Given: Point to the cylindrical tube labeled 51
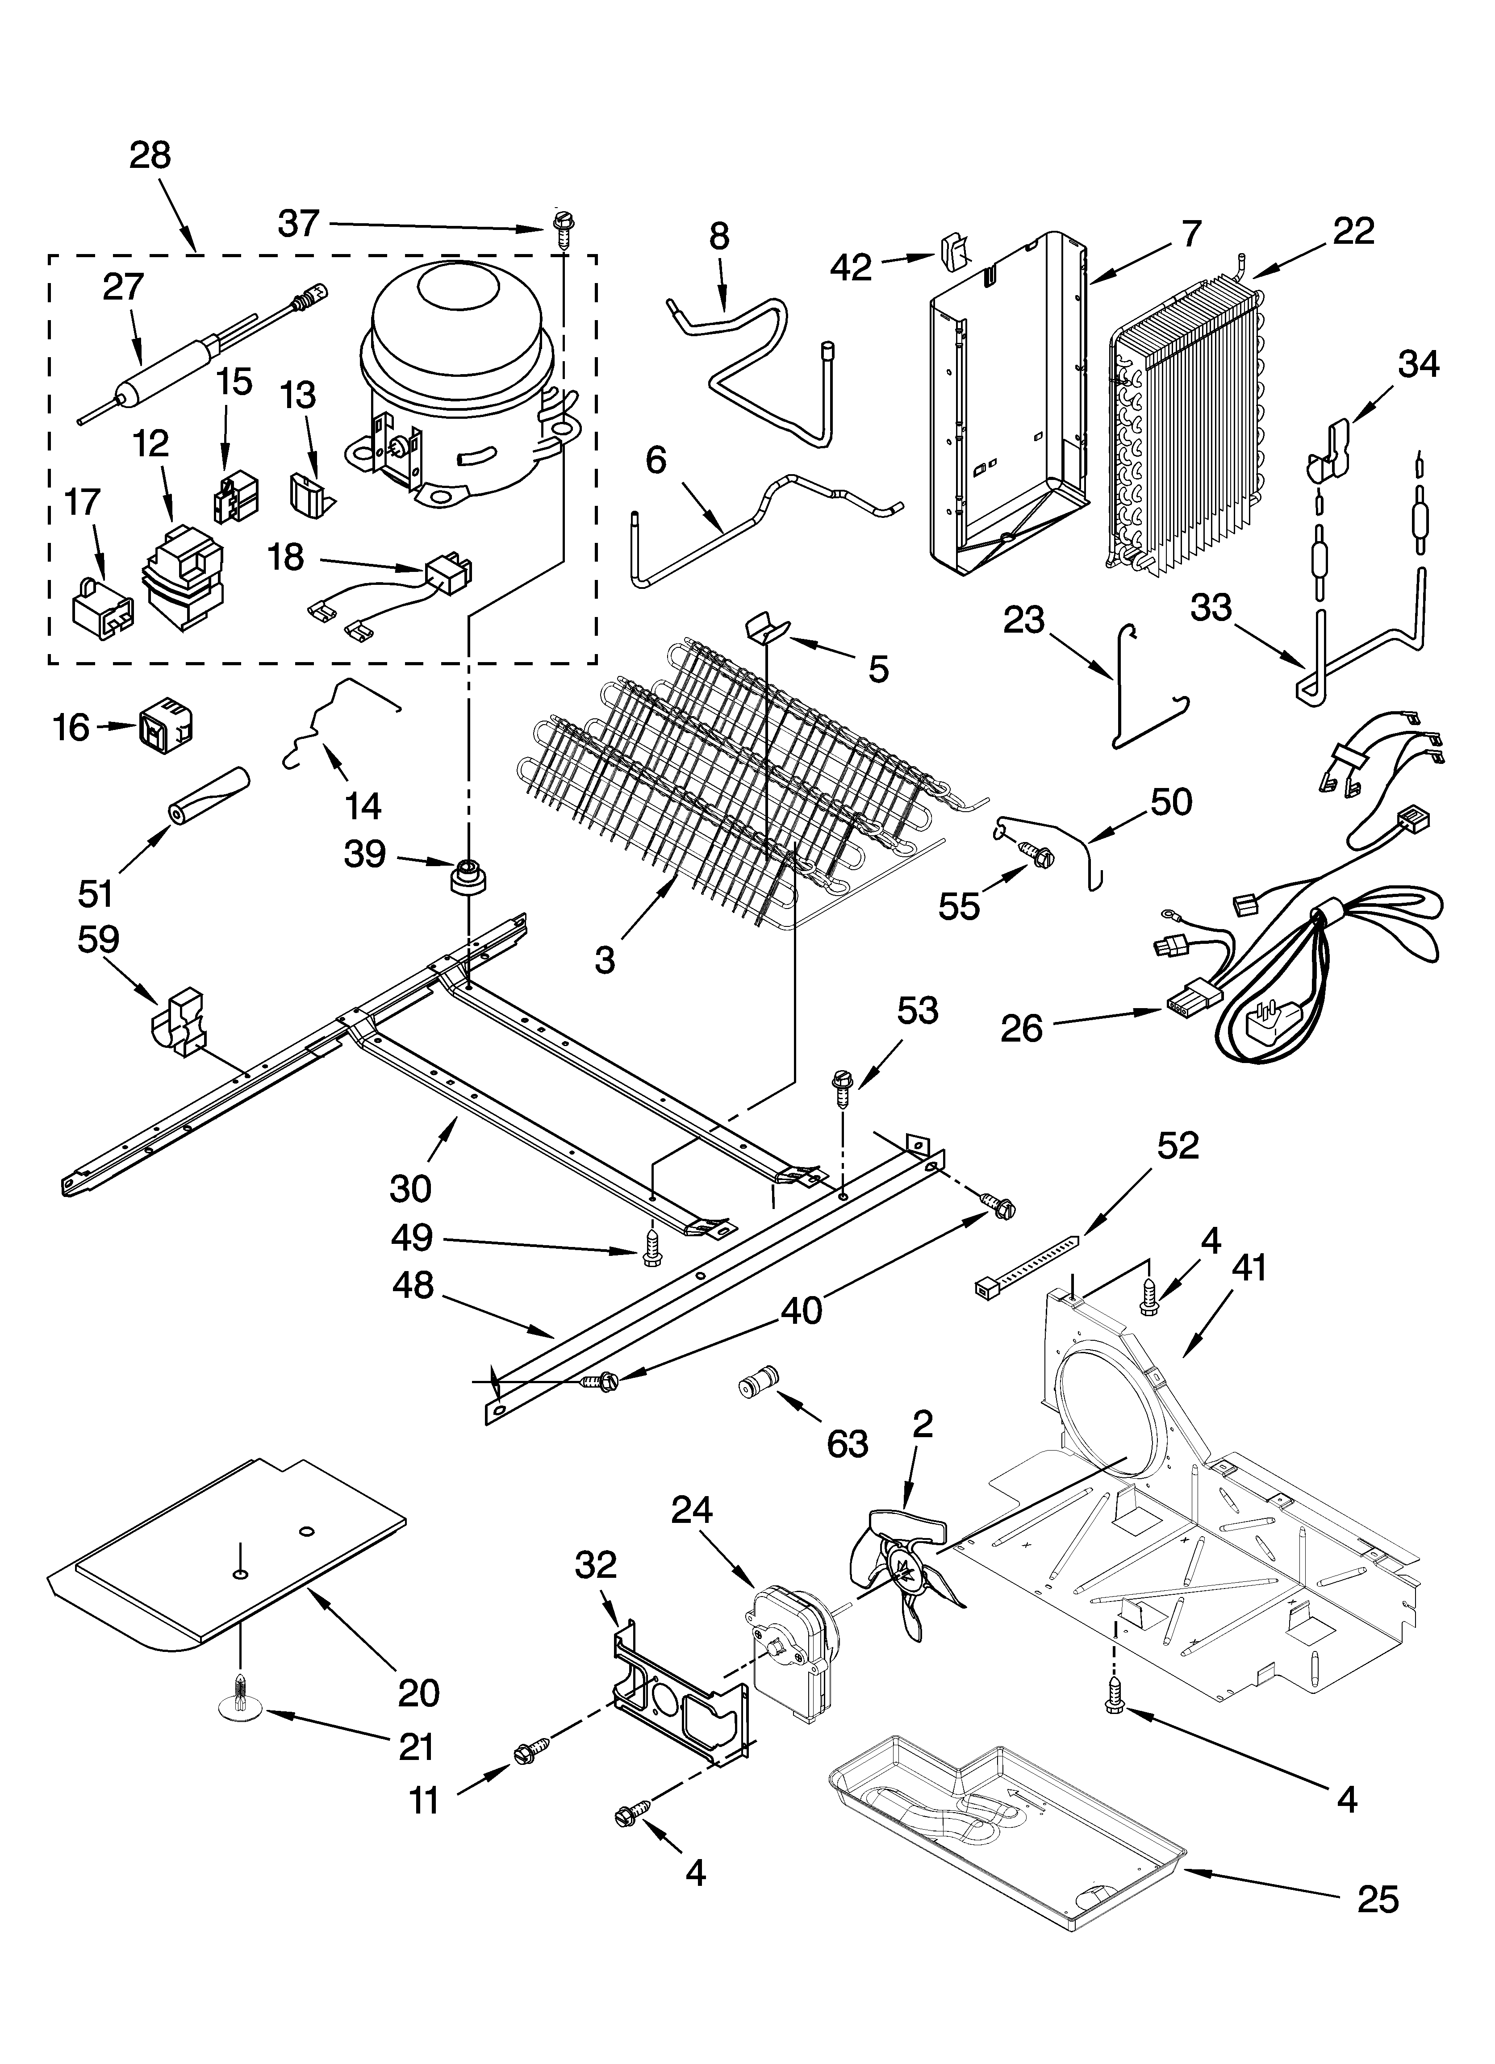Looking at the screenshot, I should coord(208,793).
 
